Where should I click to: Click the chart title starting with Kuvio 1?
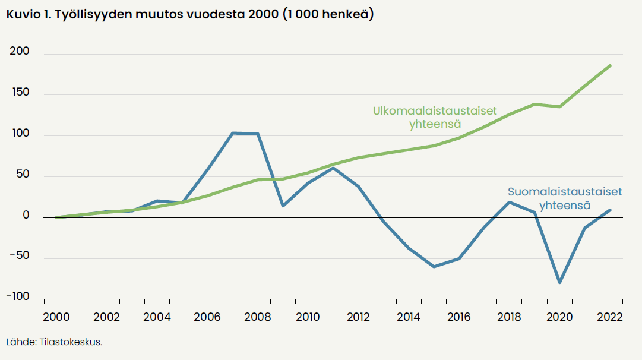tap(190, 15)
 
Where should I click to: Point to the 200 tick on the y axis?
tap(20, 53)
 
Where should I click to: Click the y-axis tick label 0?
tap(26, 216)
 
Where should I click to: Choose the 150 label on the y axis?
tap(20, 94)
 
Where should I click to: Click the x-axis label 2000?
tap(56, 316)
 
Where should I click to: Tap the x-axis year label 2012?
tap(359, 316)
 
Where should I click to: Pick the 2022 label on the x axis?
tap(610, 316)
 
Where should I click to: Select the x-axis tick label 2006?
tap(208, 316)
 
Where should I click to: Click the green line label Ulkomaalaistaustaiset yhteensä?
tap(435, 118)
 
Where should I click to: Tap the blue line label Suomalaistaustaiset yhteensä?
tap(564, 198)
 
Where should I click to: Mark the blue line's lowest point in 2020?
tap(559, 283)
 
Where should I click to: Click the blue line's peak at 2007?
tap(233, 133)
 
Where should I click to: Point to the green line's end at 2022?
tap(610, 65)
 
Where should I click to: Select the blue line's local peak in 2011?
tap(333, 168)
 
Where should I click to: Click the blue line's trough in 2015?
tap(434, 267)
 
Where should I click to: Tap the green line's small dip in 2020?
tap(559, 106)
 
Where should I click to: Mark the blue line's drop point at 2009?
tap(283, 206)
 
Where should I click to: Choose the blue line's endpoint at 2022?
tap(610, 210)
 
